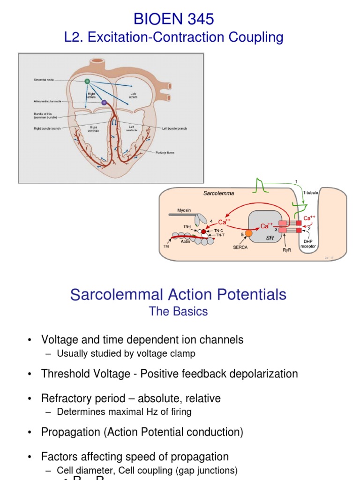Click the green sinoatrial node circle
(87, 81)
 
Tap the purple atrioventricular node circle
(104, 102)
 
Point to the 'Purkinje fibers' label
(165, 152)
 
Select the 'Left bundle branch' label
(174, 128)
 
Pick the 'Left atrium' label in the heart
(133, 95)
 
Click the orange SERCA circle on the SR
(249, 233)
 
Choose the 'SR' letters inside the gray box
(270, 238)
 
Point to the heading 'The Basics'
(178, 311)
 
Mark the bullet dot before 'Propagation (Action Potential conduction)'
(30, 432)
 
